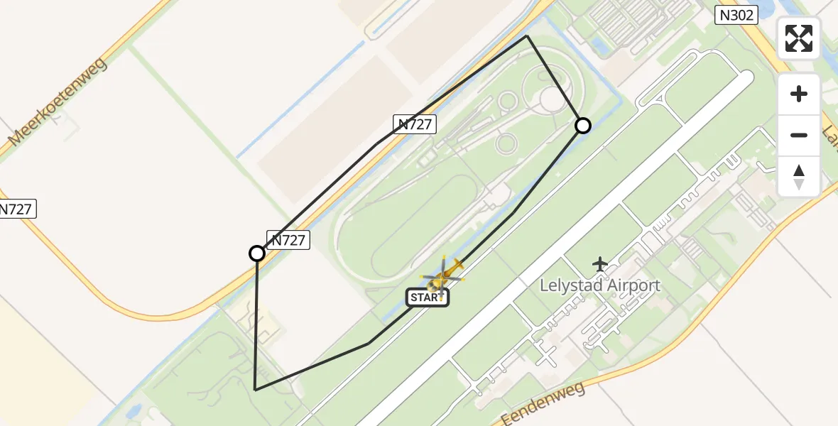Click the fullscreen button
799,38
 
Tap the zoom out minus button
799,135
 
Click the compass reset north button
799,177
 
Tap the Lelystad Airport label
600,285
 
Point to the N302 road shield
736,15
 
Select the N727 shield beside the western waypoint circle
288,240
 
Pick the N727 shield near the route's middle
415,124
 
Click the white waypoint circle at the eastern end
582,126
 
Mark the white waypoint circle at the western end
257,253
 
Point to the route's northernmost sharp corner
527,35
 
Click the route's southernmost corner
255,389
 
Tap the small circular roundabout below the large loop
506,144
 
